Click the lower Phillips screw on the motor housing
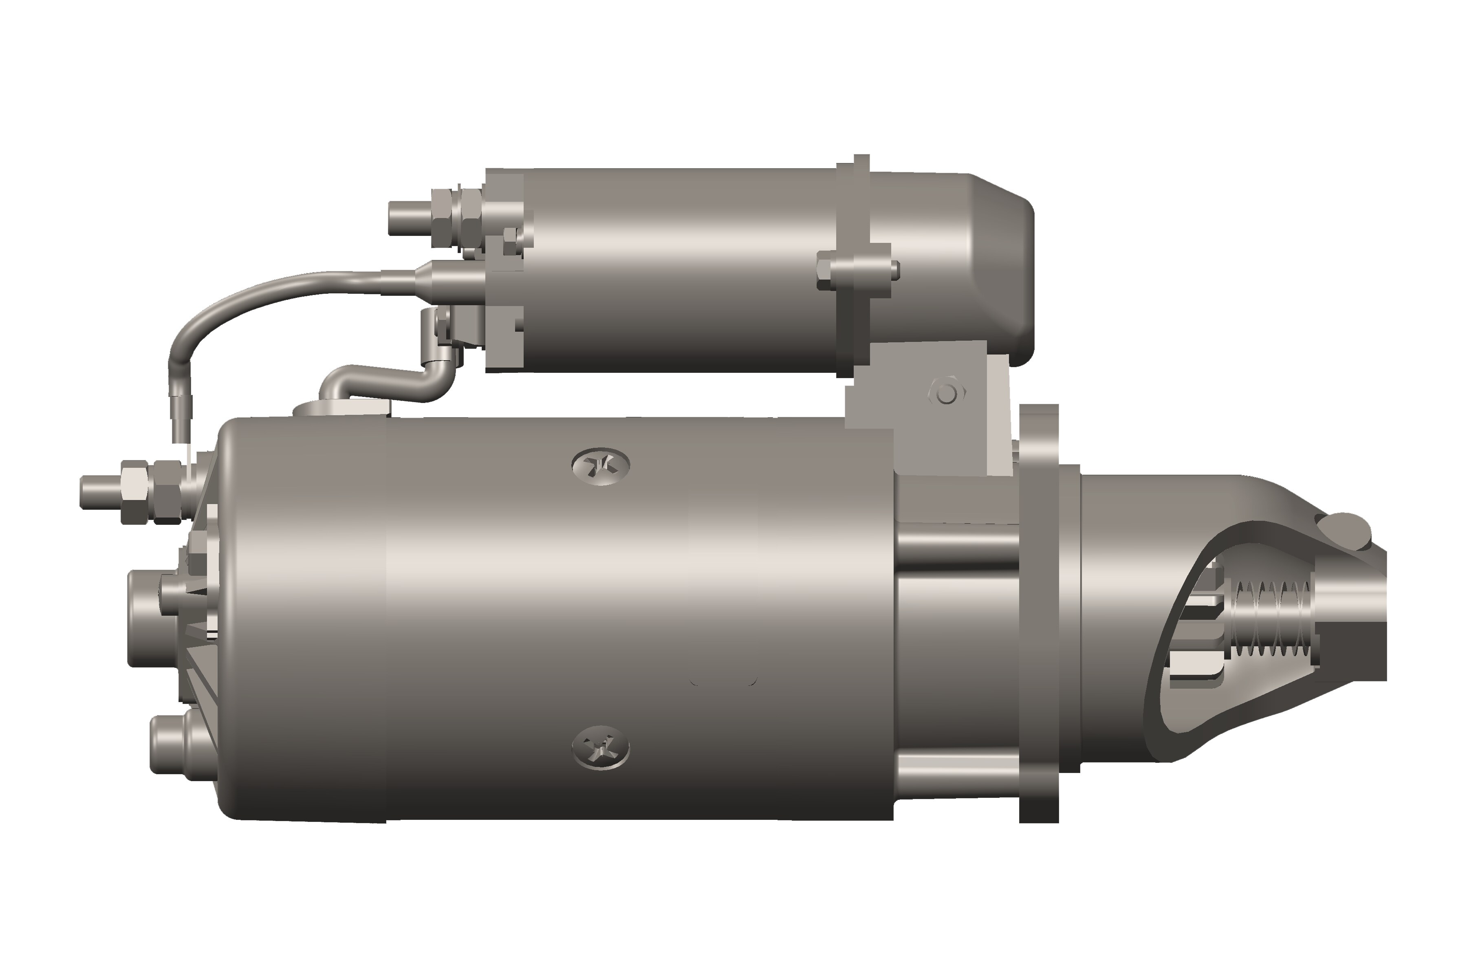point(601,747)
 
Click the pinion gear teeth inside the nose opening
point(1194,630)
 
